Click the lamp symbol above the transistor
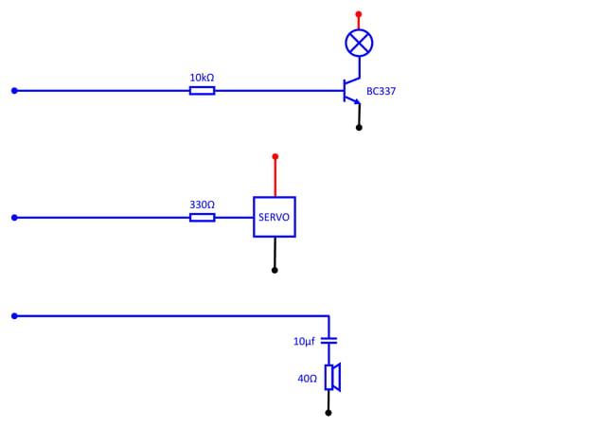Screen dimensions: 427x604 [x=359, y=43]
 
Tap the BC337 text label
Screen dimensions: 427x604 [x=382, y=92]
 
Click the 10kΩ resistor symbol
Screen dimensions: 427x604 [x=202, y=91]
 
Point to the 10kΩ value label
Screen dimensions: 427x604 [x=202, y=77]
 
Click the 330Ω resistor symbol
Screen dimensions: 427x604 [x=202, y=218]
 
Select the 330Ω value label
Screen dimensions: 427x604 [x=202, y=204]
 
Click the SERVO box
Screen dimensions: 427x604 [x=275, y=217]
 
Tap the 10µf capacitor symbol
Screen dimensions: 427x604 [x=329, y=340]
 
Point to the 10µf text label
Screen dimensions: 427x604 [x=304, y=341]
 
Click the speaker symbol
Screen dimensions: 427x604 [x=331, y=378]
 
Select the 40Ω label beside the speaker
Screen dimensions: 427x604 [x=307, y=379]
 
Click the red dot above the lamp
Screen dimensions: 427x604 [x=358, y=14]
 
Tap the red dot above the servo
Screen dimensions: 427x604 [x=275, y=156]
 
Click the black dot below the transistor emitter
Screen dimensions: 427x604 [x=359, y=127]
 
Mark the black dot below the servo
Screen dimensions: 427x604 [x=275, y=270]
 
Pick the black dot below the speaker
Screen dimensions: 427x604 [x=329, y=413]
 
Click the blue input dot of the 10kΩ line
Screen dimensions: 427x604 [x=14, y=91]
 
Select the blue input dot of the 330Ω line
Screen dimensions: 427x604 [x=14, y=218]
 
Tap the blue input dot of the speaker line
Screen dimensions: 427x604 [x=14, y=316]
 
